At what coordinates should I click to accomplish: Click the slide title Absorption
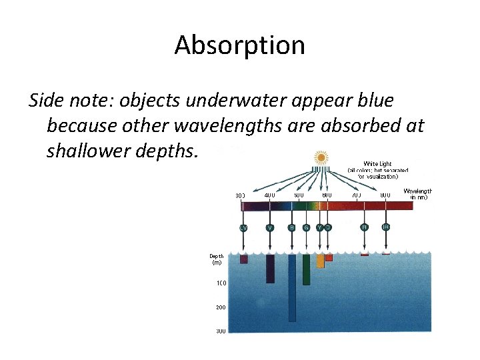click(239, 45)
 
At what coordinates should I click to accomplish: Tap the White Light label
click(377, 163)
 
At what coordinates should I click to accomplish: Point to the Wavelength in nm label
click(418, 194)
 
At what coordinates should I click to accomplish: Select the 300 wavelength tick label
click(241, 195)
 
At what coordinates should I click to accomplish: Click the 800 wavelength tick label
click(385, 195)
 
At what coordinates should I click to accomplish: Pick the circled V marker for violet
click(269, 228)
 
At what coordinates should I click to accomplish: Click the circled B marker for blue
click(291, 228)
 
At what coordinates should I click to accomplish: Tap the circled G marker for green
click(306, 228)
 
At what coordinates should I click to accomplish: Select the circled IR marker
click(386, 228)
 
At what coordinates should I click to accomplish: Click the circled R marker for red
click(364, 228)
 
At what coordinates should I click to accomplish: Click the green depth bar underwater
click(306, 270)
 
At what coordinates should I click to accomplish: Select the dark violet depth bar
click(270, 269)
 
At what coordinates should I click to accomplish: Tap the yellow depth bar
click(320, 261)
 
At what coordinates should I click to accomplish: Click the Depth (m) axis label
click(217, 259)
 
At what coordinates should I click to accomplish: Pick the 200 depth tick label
click(220, 307)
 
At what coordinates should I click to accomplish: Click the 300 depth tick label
click(220, 331)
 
